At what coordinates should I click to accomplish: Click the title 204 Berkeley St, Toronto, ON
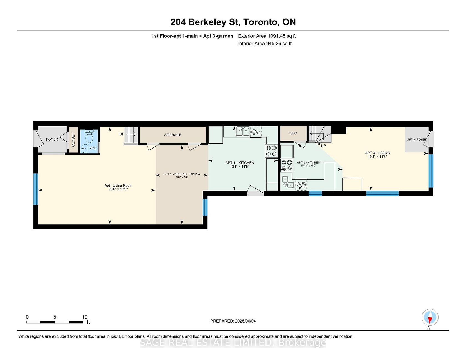pyautogui.click(x=233, y=22)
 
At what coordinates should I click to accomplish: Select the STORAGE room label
pyautogui.click(x=173, y=135)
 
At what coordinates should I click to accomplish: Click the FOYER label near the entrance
pyautogui.click(x=52, y=139)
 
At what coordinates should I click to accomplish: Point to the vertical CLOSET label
pyautogui.click(x=73, y=140)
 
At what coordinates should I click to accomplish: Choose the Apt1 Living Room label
pyautogui.click(x=118, y=185)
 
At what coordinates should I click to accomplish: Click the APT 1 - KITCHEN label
pyautogui.click(x=240, y=163)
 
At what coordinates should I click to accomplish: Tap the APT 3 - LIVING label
pyautogui.click(x=378, y=153)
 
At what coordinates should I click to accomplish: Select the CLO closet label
pyautogui.click(x=293, y=133)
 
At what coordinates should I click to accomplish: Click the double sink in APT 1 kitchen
pyautogui.click(x=243, y=131)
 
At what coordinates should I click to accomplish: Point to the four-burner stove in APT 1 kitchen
pyautogui.click(x=272, y=151)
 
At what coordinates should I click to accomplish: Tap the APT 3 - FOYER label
pyautogui.click(x=417, y=139)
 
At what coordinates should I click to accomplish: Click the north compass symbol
pyautogui.click(x=430, y=317)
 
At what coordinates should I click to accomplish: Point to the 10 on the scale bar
pyautogui.click(x=85, y=317)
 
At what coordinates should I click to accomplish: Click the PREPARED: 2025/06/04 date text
pyautogui.click(x=233, y=321)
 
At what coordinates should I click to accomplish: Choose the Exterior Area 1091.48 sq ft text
pyautogui.click(x=267, y=36)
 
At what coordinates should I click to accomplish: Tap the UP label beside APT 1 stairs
pyautogui.click(x=122, y=134)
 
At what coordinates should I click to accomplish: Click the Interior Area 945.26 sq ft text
pyautogui.click(x=265, y=44)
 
